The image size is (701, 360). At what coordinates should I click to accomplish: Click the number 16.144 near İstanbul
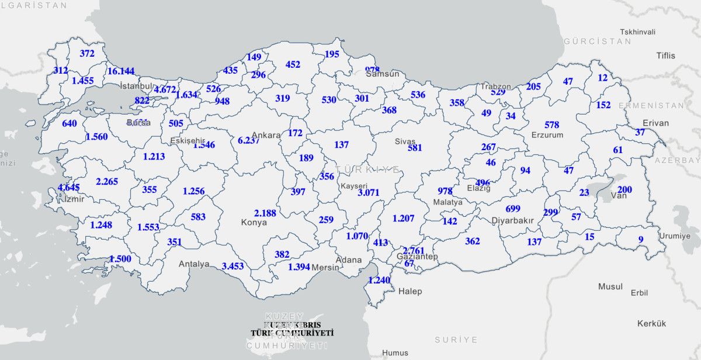[121, 71]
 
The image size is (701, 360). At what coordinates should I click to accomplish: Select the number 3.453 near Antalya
[233, 266]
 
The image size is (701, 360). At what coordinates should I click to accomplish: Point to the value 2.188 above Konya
[265, 213]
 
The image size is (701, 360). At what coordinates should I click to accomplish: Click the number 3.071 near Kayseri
[369, 192]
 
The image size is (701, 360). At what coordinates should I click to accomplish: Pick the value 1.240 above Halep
[379, 280]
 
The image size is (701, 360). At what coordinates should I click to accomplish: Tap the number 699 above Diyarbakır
[513, 209]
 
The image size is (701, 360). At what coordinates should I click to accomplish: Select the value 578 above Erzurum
[551, 125]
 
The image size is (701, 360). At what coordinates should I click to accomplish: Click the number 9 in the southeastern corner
[640, 239]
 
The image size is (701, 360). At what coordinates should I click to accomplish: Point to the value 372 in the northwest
[87, 54]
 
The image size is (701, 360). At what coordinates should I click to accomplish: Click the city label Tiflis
[665, 56]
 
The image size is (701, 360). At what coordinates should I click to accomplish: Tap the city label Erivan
[655, 123]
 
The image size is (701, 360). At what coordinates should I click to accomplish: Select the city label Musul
[610, 287]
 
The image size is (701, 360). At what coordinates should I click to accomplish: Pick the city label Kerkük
[651, 323]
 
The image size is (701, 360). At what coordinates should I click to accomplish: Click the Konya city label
[254, 223]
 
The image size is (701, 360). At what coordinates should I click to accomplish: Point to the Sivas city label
[405, 141]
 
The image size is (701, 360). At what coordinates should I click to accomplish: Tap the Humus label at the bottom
[395, 354]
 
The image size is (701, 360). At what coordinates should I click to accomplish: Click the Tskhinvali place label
[637, 32]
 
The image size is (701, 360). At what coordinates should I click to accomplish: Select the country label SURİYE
[456, 340]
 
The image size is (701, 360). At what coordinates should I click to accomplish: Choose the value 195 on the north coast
[332, 54]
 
